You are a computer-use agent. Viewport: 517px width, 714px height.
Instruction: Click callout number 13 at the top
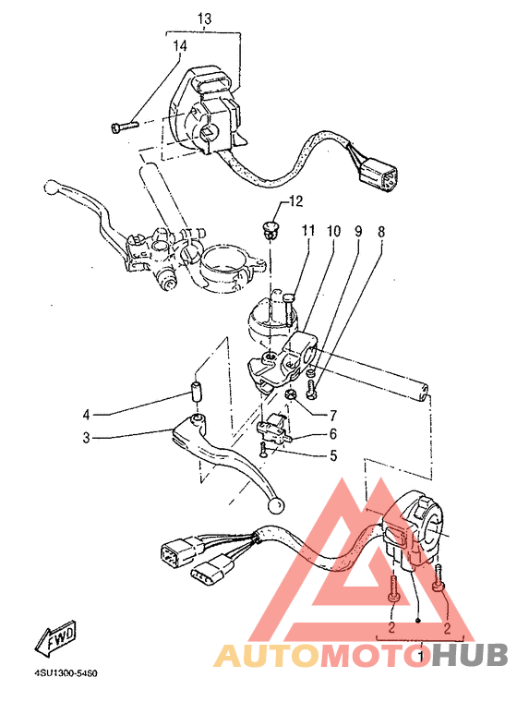[204, 18]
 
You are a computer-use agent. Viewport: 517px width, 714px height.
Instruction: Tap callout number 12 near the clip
[295, 201]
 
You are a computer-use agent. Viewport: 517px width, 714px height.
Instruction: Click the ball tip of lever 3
[274, 506]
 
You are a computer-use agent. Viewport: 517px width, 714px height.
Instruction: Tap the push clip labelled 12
[270, 226]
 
